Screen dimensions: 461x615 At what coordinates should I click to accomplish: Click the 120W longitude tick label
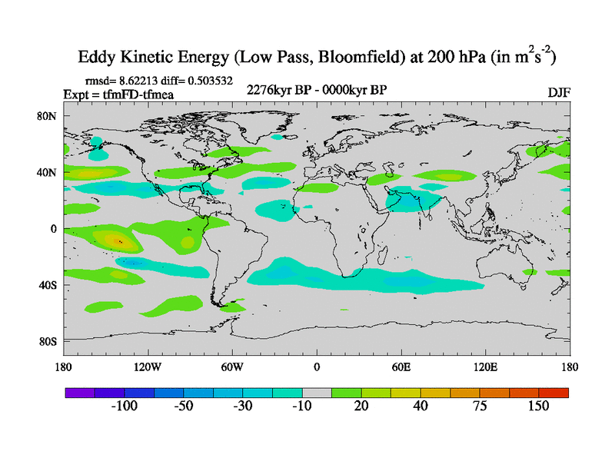[x=147, y=366]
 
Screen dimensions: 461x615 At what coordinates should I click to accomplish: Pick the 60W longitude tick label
[x=232, y=366]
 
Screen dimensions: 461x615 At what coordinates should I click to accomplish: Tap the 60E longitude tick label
[x=401, y=366]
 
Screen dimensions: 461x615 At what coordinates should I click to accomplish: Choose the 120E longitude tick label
[x=486, y=366]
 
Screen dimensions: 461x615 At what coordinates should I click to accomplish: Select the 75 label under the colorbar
[x=480, y=406]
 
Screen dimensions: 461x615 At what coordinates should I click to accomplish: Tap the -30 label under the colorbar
[x=242, y=406]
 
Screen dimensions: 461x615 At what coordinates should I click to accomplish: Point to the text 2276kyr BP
[x=276, y=90]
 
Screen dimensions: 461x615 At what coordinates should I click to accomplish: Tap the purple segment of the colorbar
[x=79, y=393]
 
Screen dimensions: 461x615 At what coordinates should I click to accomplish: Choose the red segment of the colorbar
[x=554, y=393]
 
